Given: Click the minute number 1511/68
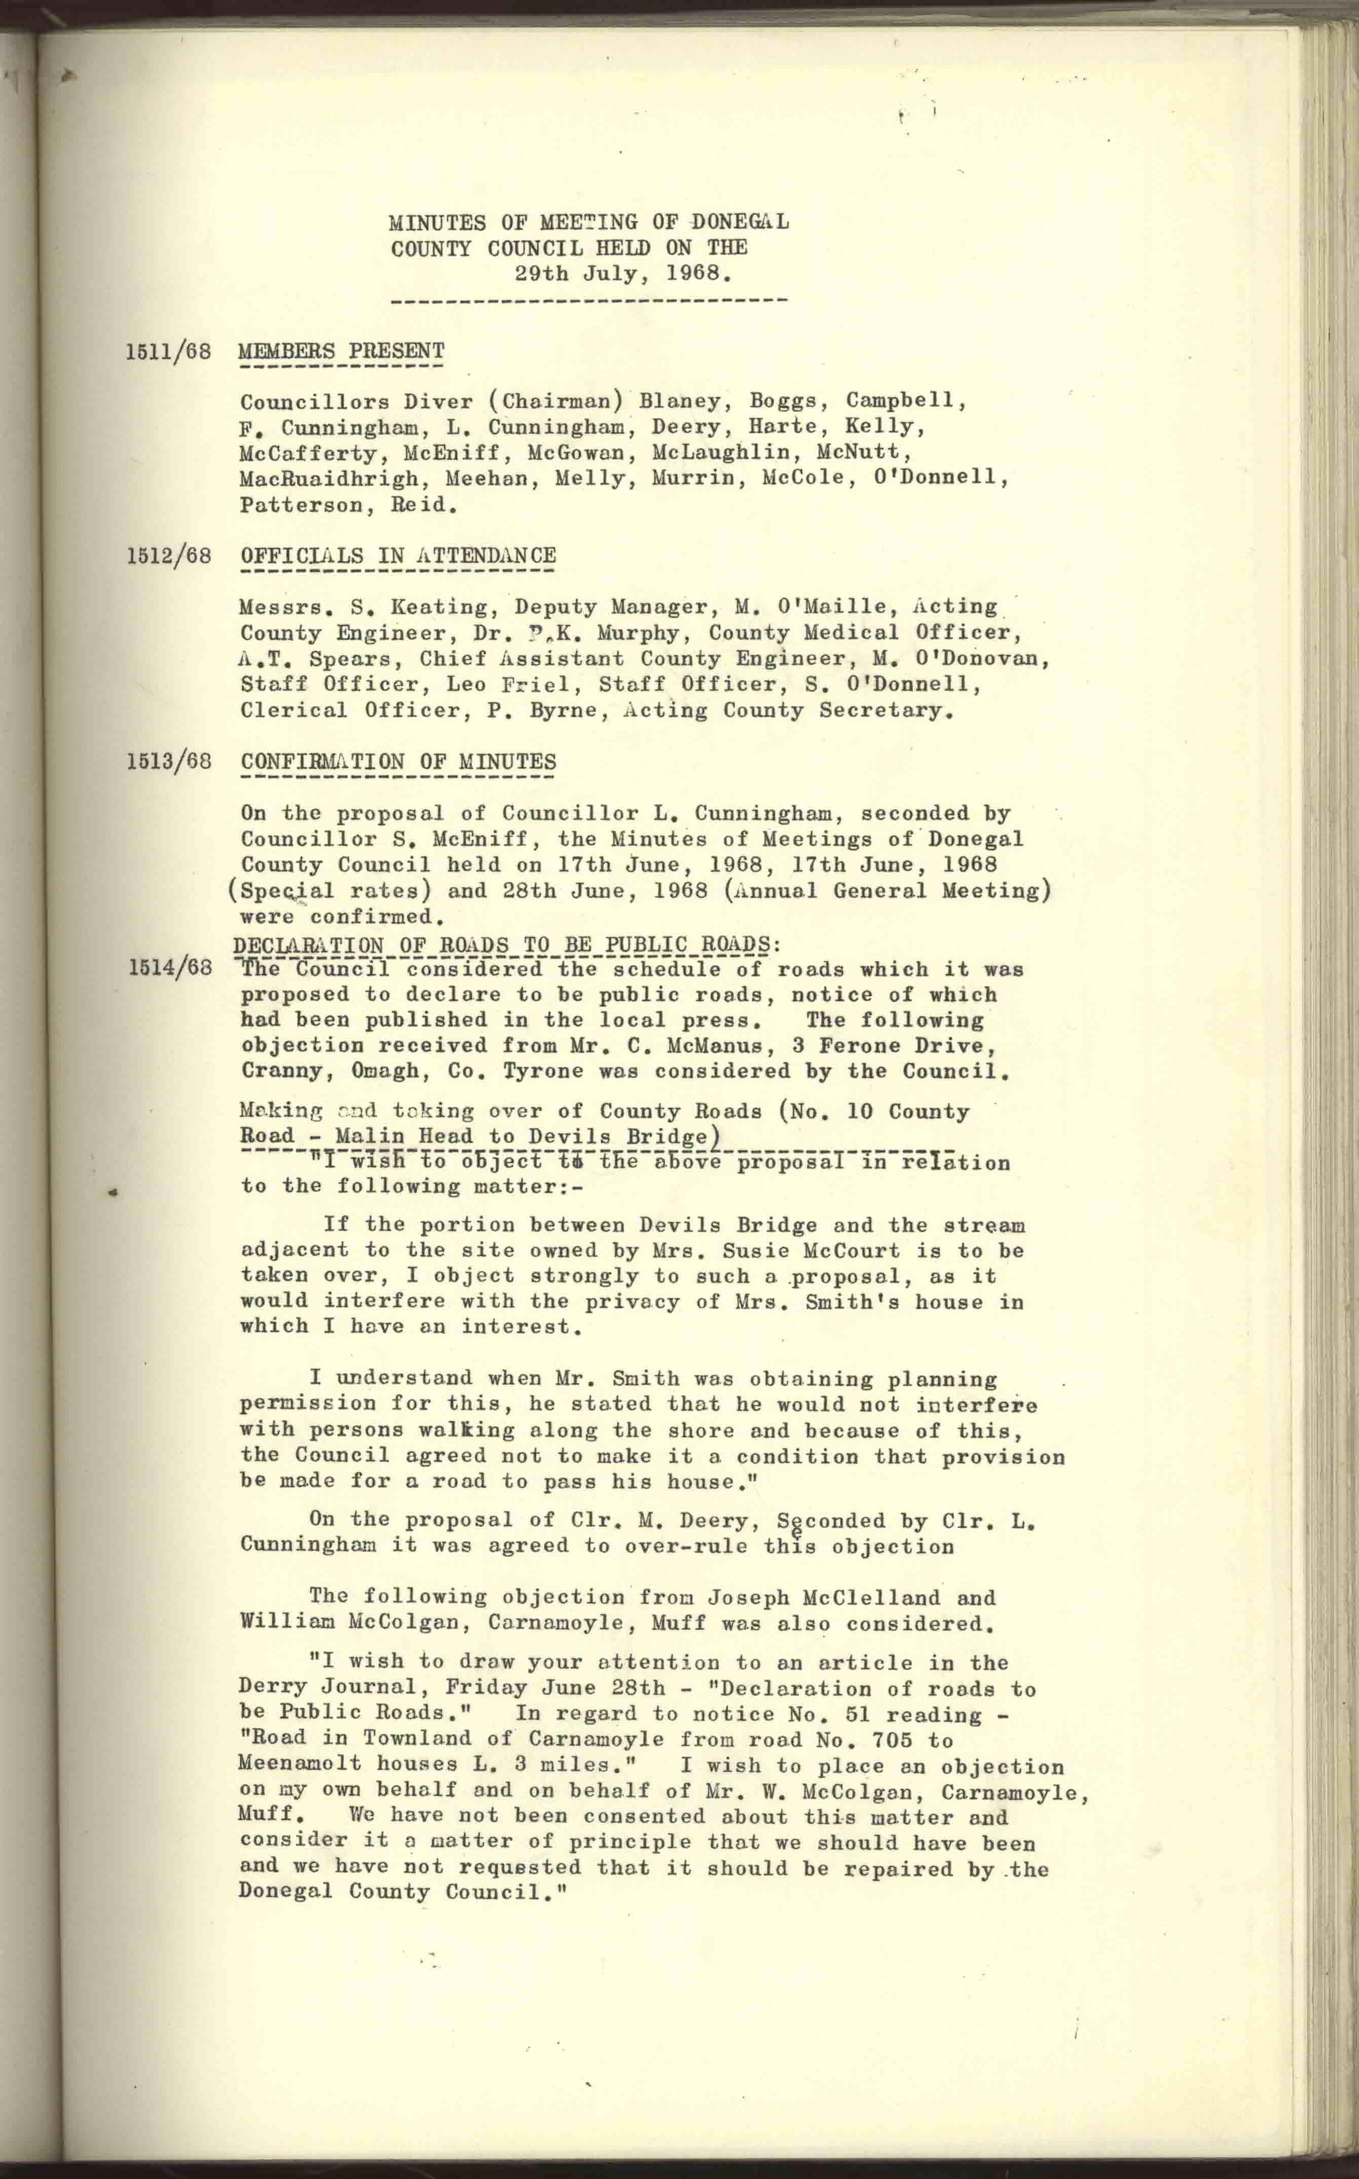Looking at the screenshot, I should (169, 351).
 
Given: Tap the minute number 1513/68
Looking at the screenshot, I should (169, 761).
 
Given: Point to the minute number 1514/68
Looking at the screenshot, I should (169, 968).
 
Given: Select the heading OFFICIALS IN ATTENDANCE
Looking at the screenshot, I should (398, 556).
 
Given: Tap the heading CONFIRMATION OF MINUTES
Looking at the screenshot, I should (398, 761).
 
